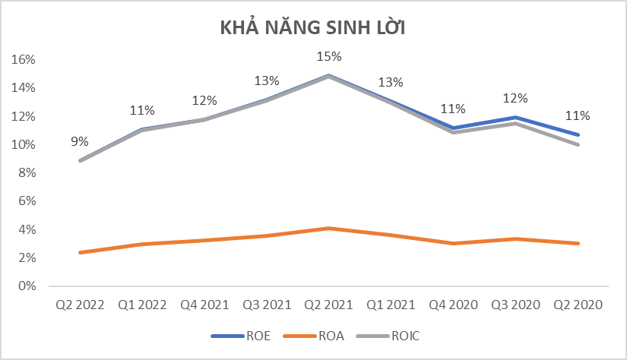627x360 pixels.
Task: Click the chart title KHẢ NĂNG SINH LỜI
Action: click(313, 29)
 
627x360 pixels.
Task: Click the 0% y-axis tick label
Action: click(28, 286)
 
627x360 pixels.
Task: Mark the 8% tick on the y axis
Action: click(28, 173)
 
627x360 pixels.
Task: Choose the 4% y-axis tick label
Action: click(28, 229)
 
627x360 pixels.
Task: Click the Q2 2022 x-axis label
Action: click(80, 305)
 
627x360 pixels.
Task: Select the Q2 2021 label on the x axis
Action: click(329, 305)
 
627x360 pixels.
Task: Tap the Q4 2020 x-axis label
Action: click(454, 305)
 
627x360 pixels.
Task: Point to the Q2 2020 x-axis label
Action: click(578, 305)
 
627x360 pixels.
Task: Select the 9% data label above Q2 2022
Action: click(80, 141)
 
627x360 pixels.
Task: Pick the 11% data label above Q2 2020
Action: click(578, 116)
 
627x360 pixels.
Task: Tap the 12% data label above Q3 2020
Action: click(516, 99)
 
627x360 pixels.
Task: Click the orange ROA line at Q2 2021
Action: click(329, 228)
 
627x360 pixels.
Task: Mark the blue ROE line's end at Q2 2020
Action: click(578, 134)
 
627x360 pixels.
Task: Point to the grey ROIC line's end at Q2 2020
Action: click(578, 144)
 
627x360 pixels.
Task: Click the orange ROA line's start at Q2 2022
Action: click(80, 252)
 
